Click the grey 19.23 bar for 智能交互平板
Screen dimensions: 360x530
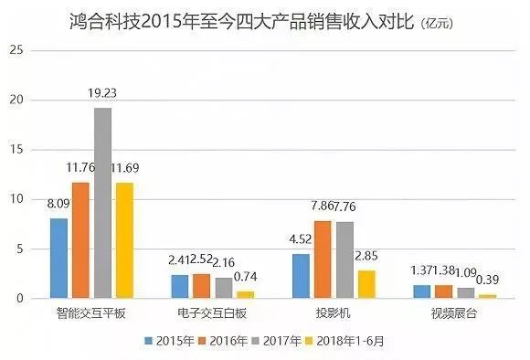click(103, 203)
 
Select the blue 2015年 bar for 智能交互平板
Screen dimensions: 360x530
click(59, 258)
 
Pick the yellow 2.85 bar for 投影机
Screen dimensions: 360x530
click(365, 284)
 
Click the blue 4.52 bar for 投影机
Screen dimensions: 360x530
click(301, 276)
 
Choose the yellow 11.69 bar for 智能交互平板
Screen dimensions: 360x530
click(125, 240)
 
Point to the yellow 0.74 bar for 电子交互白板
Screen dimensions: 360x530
click(245, 294)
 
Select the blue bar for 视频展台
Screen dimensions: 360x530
click(421, 291)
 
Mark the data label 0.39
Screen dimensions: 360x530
click(487, 282)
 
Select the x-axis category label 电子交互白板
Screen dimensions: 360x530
click(212, 313)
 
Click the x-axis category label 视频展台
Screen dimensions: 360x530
click(454, 313)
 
